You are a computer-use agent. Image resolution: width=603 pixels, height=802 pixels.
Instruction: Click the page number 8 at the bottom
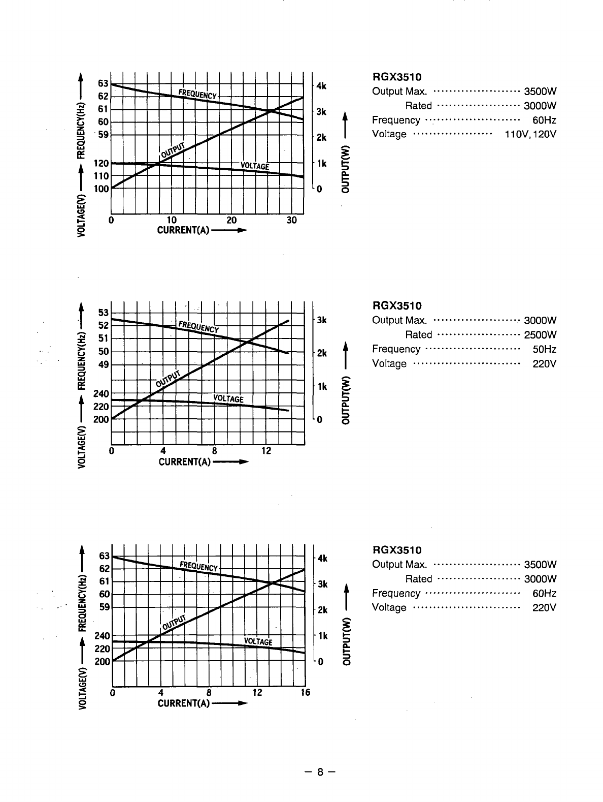coord(320,773)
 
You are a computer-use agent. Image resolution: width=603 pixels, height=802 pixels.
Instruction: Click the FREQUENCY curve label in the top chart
coord(197,94)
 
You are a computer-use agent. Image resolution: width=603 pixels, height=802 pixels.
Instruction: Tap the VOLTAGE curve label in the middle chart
coord(228,398)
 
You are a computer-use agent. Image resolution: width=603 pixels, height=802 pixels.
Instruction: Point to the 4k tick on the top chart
coord(321,86)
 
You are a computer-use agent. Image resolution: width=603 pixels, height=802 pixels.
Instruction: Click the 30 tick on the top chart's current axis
coord(291,220)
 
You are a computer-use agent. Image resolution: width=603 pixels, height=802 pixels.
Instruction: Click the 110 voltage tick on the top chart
coord(101,176)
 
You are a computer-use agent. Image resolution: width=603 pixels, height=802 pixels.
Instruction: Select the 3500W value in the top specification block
coord(540,91)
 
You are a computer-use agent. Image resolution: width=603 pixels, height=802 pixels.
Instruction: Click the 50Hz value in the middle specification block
coord(544,349)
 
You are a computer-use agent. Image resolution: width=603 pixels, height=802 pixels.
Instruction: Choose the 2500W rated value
coord(540,335)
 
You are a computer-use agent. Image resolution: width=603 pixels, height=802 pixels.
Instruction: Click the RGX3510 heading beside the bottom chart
coord(397,550)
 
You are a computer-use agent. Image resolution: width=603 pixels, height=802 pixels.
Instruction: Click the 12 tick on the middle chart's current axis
coord(266,451)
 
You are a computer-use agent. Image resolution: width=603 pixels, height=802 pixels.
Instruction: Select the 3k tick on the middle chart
coord(321,321)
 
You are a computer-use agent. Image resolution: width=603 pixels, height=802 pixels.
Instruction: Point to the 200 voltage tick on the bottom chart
coord(103,662)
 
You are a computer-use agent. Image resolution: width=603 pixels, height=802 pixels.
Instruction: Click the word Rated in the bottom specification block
coord(418,579)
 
